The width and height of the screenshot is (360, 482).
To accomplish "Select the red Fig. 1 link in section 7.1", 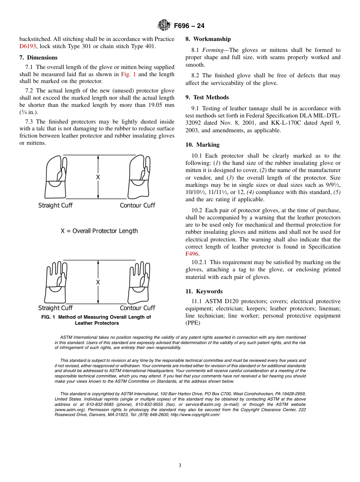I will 128,74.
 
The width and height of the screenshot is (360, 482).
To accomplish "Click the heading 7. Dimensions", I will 38,58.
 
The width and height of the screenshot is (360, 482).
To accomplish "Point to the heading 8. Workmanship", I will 208,39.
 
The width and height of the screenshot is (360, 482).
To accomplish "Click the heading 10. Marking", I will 202,145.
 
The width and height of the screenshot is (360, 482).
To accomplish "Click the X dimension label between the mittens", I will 98,177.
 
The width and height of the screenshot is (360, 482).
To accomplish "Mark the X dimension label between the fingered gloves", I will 98,282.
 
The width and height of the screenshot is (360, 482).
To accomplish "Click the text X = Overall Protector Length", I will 99,231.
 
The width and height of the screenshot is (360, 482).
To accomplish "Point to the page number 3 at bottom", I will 180,465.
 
